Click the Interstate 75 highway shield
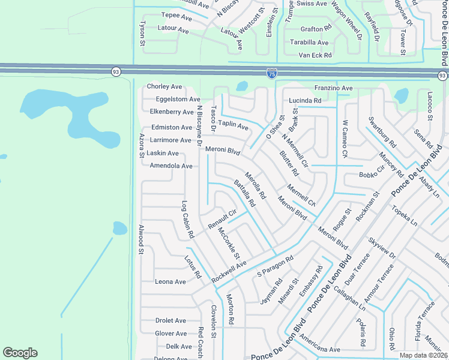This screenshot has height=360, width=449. click(x=271, y=74)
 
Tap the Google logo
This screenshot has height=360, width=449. click(x=20, y=353)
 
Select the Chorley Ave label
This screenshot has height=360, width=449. click(x=164, y=86)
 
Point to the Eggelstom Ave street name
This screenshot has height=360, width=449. click(x=178, y=99)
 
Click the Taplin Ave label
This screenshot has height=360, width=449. click(x=233, y=125)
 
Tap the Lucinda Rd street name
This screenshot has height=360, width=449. click(x=305, y=100)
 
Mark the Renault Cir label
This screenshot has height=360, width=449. click(x=223, y=219)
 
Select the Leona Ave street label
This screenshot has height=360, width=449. click(x=170, y=281)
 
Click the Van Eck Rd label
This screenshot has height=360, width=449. click(x=315, y=55)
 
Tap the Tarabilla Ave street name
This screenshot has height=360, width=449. click(x=309, y=43)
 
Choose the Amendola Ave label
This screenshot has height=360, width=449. click(x=171, y=166)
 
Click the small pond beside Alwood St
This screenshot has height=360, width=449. click(x=120, y=228)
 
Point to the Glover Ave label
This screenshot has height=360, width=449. click(x=171, y=334)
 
